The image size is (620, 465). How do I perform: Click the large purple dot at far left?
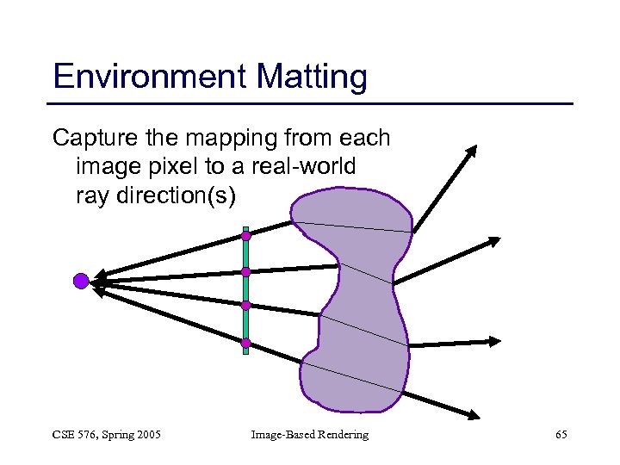pos(81,280)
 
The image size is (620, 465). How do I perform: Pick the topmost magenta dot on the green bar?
pos(245,235)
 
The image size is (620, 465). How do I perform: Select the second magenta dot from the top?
pos(245,272)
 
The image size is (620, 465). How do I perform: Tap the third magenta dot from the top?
pos(245,305)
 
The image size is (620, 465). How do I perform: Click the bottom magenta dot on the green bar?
pos(245,344)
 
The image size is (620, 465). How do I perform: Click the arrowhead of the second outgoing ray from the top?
pos(494,240)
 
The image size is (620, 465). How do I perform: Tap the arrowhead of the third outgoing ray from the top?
pos(494,341)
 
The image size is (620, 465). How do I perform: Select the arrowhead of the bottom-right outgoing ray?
pos(474,416)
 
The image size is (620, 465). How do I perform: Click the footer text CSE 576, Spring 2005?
pos(107,435)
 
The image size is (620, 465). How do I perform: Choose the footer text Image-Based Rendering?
pos(309,435)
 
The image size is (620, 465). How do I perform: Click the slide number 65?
pos(561,435)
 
